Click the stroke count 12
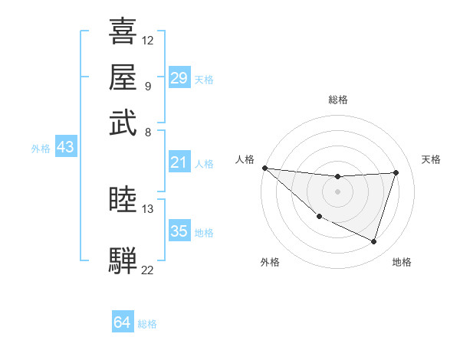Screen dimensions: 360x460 click(x=148, y=40)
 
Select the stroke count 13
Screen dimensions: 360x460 click(x=148, y=208)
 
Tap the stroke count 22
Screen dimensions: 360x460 click(x=148, y=269)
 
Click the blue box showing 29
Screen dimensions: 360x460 click(x=179, y=78)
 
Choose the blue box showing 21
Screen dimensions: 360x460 click(x=179, y=162)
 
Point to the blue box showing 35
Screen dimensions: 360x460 click(x=179, y=231)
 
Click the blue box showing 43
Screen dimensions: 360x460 click(x=65, y=148)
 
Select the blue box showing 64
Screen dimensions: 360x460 click(x=122, y=323)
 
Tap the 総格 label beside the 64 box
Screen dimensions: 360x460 click(x=147, y=324)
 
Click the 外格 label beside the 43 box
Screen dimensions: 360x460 click(x=41, y=149)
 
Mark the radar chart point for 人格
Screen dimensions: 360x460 click(x=264, y=168)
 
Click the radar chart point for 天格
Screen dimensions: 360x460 click(x=396, y=172)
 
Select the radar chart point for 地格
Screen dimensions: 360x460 click(x=373, y=242)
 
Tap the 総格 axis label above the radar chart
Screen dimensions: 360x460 click(x=337, y=100)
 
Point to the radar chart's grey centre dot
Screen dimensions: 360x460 click(x=337, y=191)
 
